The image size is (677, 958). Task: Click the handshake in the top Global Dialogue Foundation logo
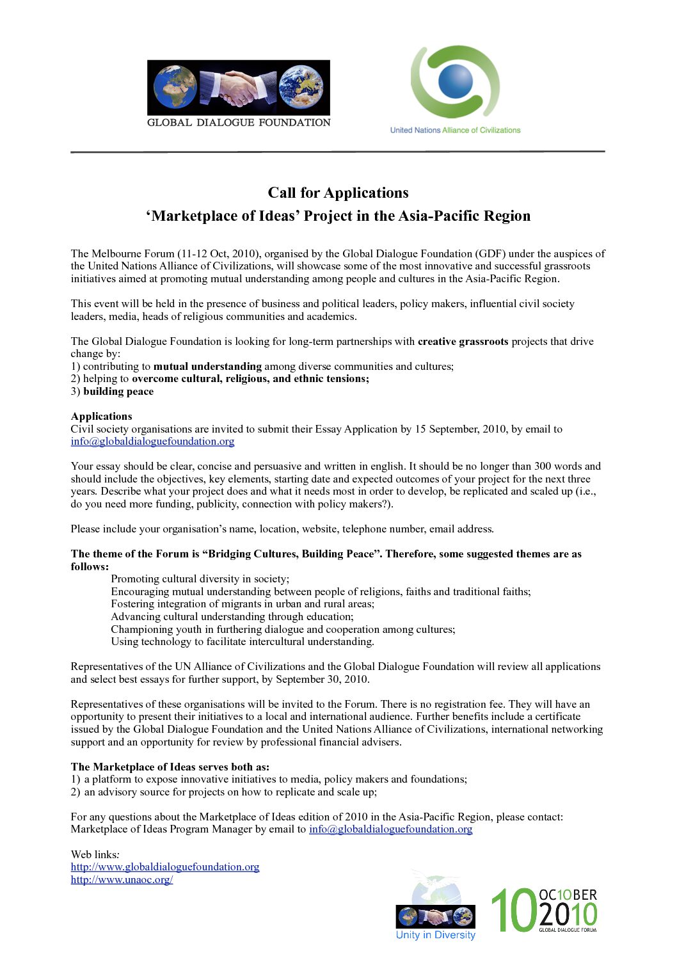(x=238, y=88)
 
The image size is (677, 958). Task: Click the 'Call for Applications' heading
(x=338, y=193)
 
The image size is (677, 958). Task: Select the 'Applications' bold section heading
(x=102, y=416)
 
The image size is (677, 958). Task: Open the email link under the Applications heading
(x=152, y=441)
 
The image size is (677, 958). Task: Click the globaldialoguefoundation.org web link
(x=165, y=866)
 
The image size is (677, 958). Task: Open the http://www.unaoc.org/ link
(x=122, y=879)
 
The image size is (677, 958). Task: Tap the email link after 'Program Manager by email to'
(x=390, y=829)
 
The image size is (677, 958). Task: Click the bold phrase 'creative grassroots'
(x=463, y=341)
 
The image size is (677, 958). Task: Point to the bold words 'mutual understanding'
(x=207, y=366)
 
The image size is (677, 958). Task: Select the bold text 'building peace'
(x=118, y=391)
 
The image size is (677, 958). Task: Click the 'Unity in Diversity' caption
(x=436, y=935)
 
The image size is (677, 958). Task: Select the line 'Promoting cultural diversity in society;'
(x=200, y=579)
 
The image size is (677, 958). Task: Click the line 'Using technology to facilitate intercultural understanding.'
(x=243, y=641)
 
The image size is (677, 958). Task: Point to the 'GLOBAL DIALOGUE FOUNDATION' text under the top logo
(x=239, y=122)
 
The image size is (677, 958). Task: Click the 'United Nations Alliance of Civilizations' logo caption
(x=455, y=130)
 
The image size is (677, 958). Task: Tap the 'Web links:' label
(x=95, y=854)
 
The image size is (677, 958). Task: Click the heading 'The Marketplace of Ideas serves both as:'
(x=170, y=767)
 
